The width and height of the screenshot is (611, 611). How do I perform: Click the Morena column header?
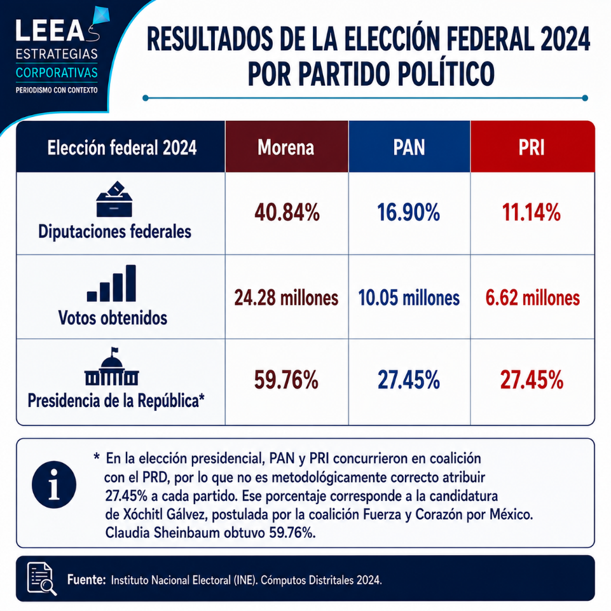(x=286, y=148)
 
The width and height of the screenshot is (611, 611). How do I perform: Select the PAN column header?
(x=409, y=148)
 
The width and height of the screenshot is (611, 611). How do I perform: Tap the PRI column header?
(x=532, y=148)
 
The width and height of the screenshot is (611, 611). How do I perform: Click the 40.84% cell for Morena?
(x=287, y=213)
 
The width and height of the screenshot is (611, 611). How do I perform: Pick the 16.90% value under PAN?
(x=409, y=213)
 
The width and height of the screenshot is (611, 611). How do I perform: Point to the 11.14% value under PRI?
(x=532, y=213)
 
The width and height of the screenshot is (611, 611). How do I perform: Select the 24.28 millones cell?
(x=286, y=298)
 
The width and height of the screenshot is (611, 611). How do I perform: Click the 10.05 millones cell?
(x=409, y=298)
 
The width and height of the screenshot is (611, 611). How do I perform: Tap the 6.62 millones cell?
(x=532, y=298)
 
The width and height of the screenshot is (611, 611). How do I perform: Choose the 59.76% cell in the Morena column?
(x=286, y=380)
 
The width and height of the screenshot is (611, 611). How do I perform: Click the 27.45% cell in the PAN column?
(x=409, y=380)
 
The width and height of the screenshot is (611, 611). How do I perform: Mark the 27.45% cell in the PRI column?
(x=532, y=380)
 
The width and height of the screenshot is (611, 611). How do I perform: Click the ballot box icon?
(x=114, y=199)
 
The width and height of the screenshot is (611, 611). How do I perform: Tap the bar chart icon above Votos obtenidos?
(x=111, y=284)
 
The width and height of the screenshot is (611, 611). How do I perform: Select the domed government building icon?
(x=112, y=367)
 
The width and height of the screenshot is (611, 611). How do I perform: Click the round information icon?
(x=54, y=484)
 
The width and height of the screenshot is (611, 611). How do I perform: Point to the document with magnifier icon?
(x=42, y=579)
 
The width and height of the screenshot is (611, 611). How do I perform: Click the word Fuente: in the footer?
(x=86, y=580)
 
